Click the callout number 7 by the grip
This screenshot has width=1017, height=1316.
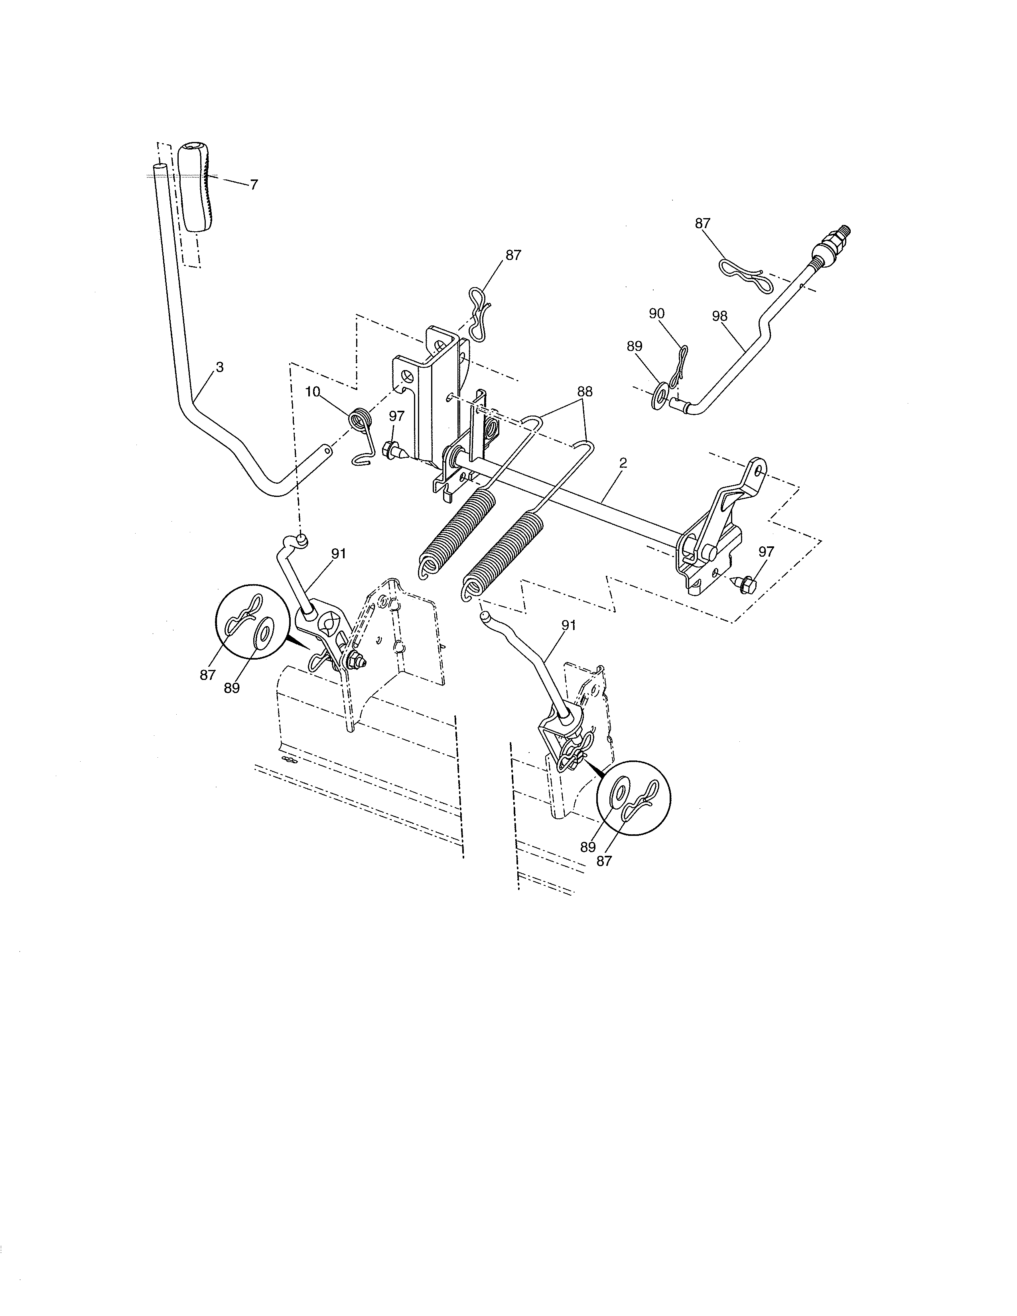pyautogui.click(x=254, y=185)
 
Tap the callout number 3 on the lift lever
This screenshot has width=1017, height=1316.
pyautogui.click(x=220, y=367)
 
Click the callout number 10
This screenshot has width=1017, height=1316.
pyautogui.click(x=313, y=392)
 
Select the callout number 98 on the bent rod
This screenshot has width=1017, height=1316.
pyautogui.click(x=719, y=316)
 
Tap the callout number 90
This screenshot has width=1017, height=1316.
pyautogui.click(x=657, y=313)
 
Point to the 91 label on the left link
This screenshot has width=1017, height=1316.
pyautogui.click(x=339, y=553)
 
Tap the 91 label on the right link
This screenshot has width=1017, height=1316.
pyautogui.click(x=569, y=625)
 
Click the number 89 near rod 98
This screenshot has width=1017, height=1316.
pyautogui.click(x=635, y=347)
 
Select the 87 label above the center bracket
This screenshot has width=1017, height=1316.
pyautogui.click(x=513, y=255)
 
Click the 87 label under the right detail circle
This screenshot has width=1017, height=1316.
pyautogui.click(x=604, y=862)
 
